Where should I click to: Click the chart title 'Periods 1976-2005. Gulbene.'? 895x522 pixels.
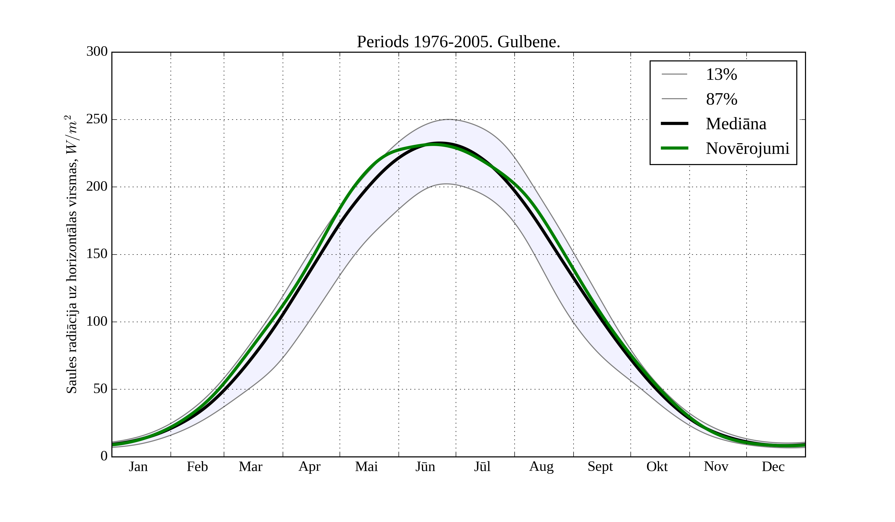click(458, 42)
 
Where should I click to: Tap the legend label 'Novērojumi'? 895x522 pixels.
click(747, 148)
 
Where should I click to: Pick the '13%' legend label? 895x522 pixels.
click(721, 75)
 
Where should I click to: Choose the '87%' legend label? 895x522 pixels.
click(721, 99)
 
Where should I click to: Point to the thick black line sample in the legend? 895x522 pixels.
click(674, 124)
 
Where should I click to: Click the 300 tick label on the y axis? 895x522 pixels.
click(97, 51)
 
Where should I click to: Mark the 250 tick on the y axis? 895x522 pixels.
click(97, 119)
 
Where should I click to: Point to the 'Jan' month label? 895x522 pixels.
click(138, 467)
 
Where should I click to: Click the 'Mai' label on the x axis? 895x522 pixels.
click(366, 467)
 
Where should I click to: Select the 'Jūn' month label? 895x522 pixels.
click(425, 467)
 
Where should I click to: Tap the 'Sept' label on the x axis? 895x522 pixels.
click(600, 467)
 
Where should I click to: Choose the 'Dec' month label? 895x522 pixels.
click(773, 467)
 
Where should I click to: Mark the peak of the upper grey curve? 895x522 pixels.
click(448, 119)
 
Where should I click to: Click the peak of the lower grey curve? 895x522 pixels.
click(446, 184)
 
